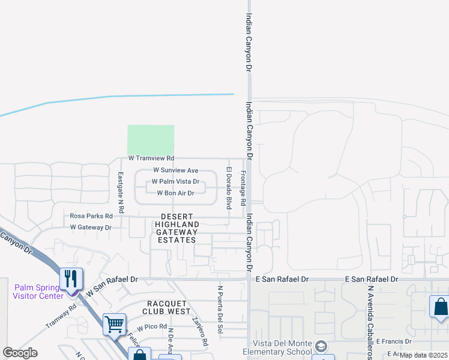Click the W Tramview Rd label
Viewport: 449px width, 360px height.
coord(151,158)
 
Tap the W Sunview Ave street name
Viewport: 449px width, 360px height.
coord(175,170)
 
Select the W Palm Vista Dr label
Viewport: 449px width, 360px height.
coord(175,181)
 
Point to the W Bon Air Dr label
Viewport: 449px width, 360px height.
coord(175,193)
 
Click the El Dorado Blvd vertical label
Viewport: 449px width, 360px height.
coord(228,188)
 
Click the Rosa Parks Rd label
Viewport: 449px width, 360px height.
coord(91,216)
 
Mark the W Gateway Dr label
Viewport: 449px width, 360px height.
coord(91,227)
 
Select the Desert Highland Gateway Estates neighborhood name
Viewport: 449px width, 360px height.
coord(176,228)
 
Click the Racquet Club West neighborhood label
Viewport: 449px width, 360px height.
coord(167,307)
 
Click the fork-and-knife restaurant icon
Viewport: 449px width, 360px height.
coord(71,278)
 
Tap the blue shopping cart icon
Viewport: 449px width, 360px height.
coord(114,324)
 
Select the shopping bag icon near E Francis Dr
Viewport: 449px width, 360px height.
coord(440,307)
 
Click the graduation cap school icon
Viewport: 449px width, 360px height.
coord(321,347)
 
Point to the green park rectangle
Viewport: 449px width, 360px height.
coord(151,140)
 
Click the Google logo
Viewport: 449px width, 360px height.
coord(20,353)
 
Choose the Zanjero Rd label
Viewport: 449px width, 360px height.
coord(199,331)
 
